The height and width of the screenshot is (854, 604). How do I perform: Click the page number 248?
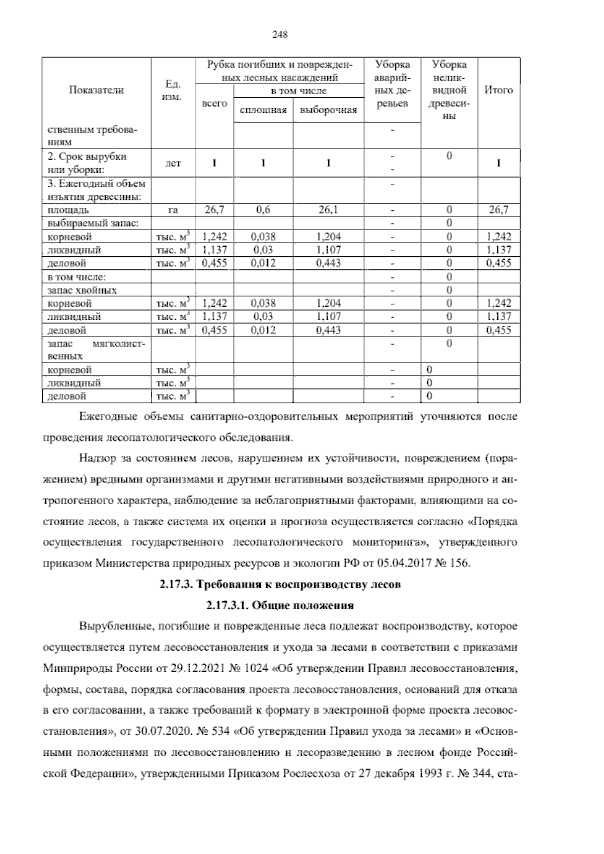click(x=279, y=35)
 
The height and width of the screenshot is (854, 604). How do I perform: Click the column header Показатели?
click(x=96, y=90)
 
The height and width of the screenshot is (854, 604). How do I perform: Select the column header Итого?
click(x=498, y=90)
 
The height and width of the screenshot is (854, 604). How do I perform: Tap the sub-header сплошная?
click(x=263, y=110)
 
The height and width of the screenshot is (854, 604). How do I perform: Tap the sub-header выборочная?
click(x=328, y=110)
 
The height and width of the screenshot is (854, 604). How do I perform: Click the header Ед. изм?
click(x=173, y=90)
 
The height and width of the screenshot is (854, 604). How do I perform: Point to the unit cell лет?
click(x=173, y=163)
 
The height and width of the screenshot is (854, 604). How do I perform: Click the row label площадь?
click(x=69, y=210)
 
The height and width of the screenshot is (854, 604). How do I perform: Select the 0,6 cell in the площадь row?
click(x=263, y=210)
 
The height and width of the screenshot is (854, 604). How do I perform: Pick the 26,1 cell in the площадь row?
click(x=328, y=210)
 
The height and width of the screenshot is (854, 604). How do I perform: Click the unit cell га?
click(x=173, y=210)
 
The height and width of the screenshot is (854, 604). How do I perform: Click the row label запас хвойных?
click(x=82, y=290)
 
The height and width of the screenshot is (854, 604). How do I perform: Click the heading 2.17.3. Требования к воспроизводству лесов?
click(x=280, y=585)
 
